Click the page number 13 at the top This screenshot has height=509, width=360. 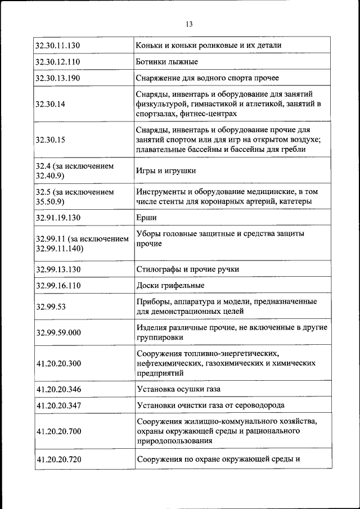[188, 24]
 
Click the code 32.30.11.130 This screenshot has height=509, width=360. [58, 45]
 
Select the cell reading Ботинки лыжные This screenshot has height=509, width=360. [166, 61]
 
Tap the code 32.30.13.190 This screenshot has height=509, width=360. [58, 78]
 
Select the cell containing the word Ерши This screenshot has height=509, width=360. [146, 218]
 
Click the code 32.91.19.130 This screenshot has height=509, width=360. [58, 218]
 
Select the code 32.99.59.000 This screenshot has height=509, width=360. [58, 332]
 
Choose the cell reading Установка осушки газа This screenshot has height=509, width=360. [178, 389]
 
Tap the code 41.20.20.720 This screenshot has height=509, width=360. [58, 459]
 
